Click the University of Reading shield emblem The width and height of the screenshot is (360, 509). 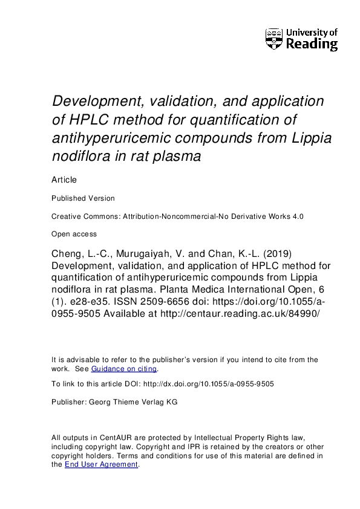(x=274, y=38)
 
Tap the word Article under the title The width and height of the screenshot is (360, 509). (x=64, y=180)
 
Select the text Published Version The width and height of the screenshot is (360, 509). (x=83, y=198)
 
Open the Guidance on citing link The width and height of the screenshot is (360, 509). (x=123, y=369)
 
